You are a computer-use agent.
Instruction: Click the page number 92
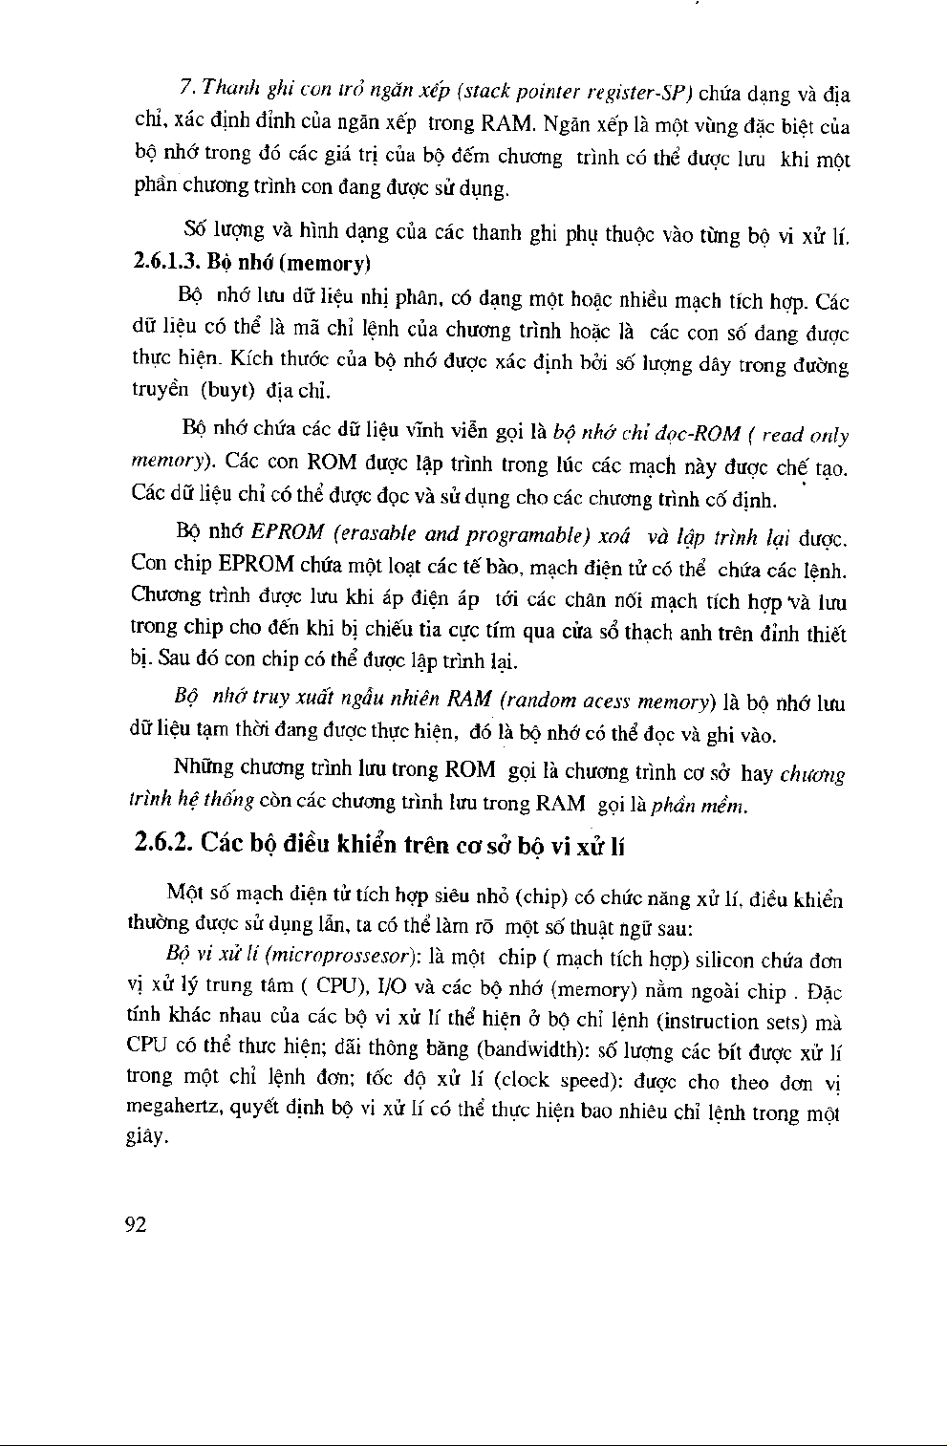click(x=137, y=1225)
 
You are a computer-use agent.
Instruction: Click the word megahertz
click(x=172, y=1110)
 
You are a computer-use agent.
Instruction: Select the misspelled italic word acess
click(x=612, y=701)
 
